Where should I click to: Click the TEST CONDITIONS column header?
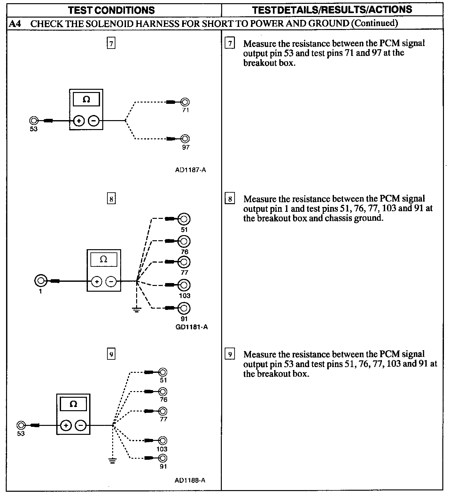(x=112, y=10)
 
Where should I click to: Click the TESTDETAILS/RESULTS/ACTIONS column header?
(x=332, y=10)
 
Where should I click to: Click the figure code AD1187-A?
(x=190, y=170)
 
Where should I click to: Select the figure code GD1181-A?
(x=192, y=327)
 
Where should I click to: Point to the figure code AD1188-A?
(x=190, y=480)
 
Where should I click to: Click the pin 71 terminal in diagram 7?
(x=185, y=102)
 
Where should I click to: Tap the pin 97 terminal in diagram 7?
(x=185, y=139)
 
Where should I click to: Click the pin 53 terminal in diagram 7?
(x=34, y=121)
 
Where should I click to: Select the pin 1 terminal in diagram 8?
(x=41, y=281)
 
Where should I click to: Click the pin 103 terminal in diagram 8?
(x=184, y=285)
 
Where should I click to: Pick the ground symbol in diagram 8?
(x=136, y=309)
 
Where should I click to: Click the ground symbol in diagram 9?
(x=112, y=460)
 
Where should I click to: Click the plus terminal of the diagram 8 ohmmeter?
(x=97, y=281)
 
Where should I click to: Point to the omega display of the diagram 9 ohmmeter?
(x=73, y=404)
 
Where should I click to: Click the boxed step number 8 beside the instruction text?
(x=230, y=199)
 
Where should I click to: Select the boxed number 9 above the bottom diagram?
(x=111, y=354)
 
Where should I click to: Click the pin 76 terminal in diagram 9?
(x=163, y=391)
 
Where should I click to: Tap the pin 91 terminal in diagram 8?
(x=184, y=308)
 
